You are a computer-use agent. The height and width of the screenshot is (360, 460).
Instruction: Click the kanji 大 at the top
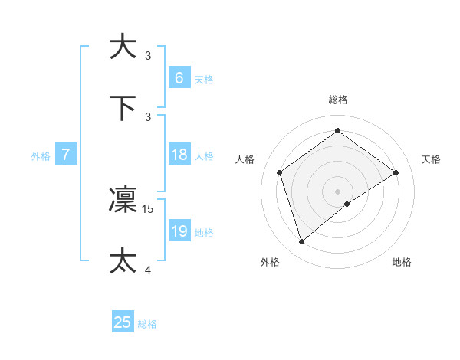123,46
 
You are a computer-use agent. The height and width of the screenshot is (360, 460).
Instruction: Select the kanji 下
123,106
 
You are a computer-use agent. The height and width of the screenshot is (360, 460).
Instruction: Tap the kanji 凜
123,200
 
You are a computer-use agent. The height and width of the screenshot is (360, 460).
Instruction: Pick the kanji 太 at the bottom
123,260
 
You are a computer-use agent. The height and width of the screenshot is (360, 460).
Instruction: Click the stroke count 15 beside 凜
149,208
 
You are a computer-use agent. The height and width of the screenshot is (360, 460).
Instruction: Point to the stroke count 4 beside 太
149,269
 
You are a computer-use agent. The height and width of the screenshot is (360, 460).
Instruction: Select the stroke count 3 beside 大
148,55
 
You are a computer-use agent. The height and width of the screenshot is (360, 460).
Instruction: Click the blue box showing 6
179,78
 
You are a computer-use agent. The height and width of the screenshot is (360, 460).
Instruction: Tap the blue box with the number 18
179,155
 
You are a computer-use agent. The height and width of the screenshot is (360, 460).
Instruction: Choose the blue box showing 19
179,231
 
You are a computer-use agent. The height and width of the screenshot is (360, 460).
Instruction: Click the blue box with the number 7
66,155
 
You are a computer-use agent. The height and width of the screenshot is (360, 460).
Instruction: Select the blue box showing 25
123,322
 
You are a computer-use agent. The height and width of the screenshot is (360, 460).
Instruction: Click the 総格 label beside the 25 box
147,324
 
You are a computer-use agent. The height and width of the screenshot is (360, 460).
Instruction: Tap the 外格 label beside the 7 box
41,156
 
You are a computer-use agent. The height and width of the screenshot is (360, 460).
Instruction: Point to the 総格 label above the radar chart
338,100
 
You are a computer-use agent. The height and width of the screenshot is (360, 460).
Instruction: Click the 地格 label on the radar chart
402,262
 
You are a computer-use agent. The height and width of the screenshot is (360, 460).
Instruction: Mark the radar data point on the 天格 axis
396,172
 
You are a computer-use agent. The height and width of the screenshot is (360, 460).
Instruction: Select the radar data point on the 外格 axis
302,242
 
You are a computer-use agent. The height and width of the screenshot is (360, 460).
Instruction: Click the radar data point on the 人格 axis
280,172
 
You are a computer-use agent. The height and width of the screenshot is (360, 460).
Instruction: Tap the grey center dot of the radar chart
338,191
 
